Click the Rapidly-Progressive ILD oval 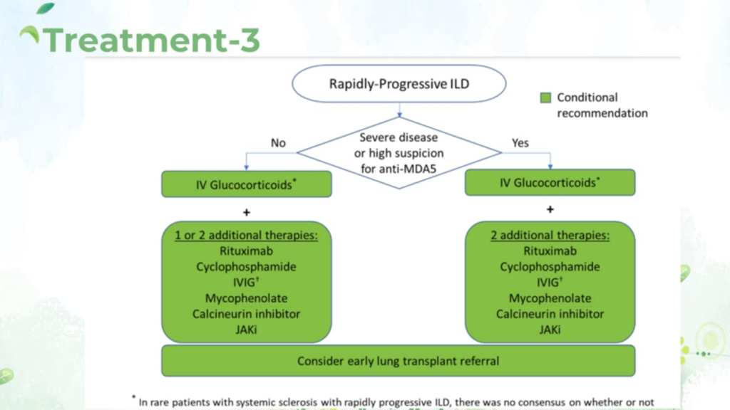399,84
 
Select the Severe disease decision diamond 399,152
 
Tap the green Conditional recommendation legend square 546,98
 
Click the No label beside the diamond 278,143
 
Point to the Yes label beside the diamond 520,143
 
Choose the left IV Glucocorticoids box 247,184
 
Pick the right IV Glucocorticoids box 550,182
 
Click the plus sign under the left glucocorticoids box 247,211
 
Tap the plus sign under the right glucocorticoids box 550,209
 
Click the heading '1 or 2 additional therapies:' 246,236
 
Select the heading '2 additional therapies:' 550,236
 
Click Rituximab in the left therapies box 246,251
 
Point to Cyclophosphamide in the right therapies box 550,267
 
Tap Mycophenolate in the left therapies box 246,298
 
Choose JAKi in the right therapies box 550,330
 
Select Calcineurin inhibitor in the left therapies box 246,314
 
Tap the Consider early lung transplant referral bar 398,361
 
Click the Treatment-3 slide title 150,40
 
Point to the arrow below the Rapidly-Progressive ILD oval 399,110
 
